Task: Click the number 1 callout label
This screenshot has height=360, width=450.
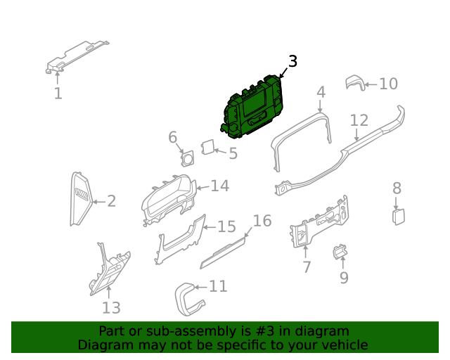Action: (x=58, y=94)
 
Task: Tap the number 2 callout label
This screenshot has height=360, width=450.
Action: (x=111, y=202)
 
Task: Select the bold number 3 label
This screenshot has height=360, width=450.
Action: (x=292, y=62)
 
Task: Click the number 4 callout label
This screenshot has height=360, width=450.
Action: (x=321, y=93)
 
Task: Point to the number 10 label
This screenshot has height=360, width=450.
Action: (x=388, y=84)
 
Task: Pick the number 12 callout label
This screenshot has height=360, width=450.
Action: (x=359, y=120)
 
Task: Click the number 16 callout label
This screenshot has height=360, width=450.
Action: (x=262, y=221)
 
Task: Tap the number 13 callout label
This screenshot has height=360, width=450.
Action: (x=111, y=307)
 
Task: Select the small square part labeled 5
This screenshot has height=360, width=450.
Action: (x=208, y=147)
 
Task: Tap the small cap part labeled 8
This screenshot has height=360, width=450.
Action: (x=399, y=215)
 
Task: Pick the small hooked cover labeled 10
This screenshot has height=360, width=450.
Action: (x=356, y=84)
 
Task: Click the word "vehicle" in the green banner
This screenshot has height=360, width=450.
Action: (x=343, y=345)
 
